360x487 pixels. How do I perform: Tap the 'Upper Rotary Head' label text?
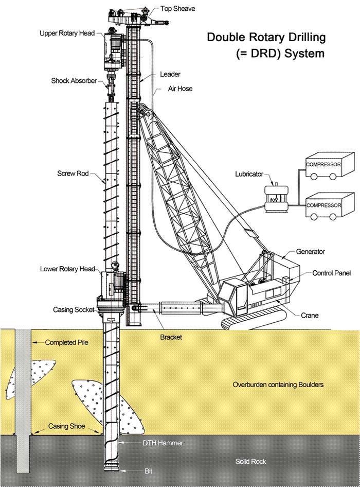click(67, 33)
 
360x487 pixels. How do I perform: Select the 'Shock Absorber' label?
click(74, 81)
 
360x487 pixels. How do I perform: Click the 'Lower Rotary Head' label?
click(67, 269)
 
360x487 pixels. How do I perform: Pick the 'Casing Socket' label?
click(74, 310)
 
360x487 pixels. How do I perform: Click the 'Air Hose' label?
click(181, 89)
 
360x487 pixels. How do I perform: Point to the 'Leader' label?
click(170, 75)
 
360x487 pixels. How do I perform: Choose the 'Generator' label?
click(311, 252)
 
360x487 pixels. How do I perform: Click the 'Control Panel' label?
click(330, 273)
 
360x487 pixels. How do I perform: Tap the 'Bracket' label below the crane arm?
click(171, 337)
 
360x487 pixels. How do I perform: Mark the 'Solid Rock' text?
click(251, 462)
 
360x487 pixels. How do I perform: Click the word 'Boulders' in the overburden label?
click(309, 385)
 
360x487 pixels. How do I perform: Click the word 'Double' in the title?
click(225, 38)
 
